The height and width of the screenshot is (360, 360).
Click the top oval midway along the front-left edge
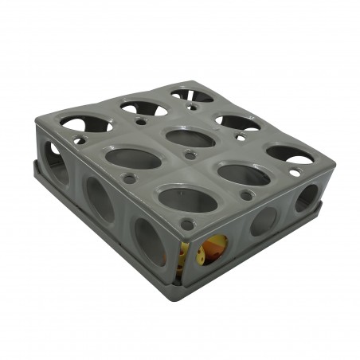pyautogui.click(x=133, y=158)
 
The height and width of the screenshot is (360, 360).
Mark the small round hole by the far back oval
pyautogui.click(x=192, y=105)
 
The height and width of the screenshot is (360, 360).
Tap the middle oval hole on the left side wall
pyautogui.click(x=100, y=200)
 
